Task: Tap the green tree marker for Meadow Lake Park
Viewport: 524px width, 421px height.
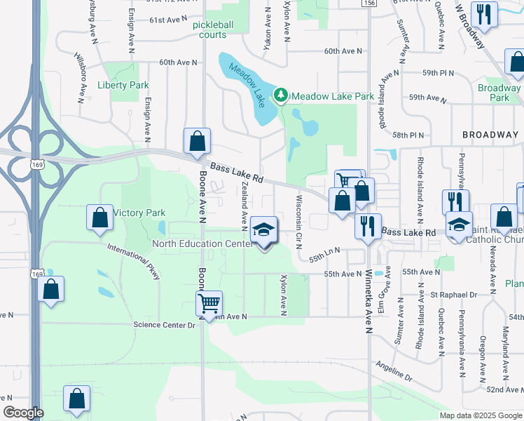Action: click(x=281, y=95)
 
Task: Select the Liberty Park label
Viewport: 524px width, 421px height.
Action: click(x=123, y=85)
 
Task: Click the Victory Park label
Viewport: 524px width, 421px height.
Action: click(x=139, y=213)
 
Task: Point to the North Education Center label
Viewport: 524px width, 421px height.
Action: click(x=202, y=243)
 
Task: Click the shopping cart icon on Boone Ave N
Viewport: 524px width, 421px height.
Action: click(x=209, y=304)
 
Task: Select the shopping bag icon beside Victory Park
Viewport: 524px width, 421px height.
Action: click(x=100, y=218)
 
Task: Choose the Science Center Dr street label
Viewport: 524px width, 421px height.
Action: click(x=164, y=325)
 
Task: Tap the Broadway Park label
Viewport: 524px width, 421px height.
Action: click(x=498, y=93)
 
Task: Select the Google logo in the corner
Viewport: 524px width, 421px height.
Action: click(x=23, y=413)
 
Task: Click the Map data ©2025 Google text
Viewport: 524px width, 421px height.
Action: click(x=481, y=415)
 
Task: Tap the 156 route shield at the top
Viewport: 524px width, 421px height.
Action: click(x=370, y=4)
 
